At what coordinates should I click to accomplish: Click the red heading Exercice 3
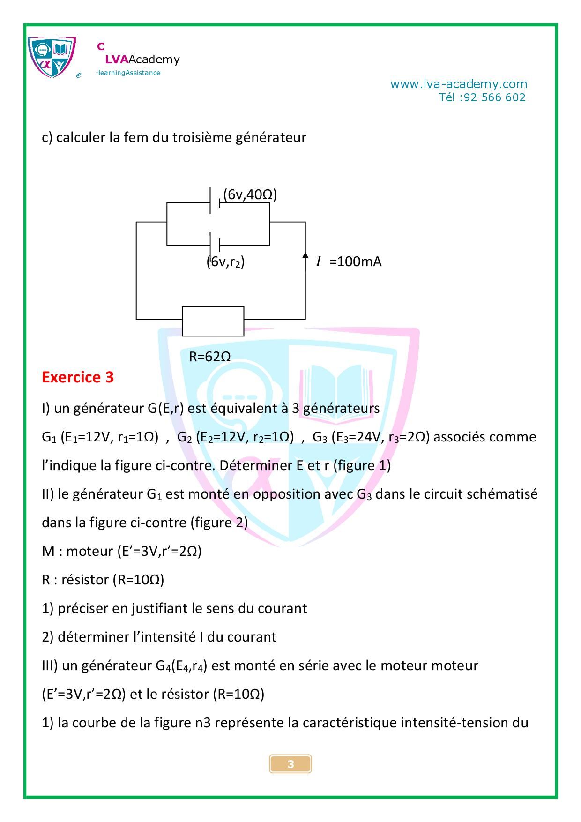pos(78,377)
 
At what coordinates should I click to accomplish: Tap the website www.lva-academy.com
pos(459,84)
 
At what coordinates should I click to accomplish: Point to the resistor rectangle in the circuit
pos(213,321)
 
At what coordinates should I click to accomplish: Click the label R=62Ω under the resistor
pos(210,357)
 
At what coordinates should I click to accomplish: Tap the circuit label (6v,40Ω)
pos(250,194)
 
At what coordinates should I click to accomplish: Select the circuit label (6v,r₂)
pos(226,262)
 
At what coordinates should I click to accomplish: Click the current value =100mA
pos(356,262)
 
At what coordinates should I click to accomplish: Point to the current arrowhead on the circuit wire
pos(305,254)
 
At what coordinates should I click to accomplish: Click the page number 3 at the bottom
pos(290,764)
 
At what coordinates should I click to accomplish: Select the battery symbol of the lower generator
pos(215,245)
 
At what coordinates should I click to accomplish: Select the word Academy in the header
pos(154,60)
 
